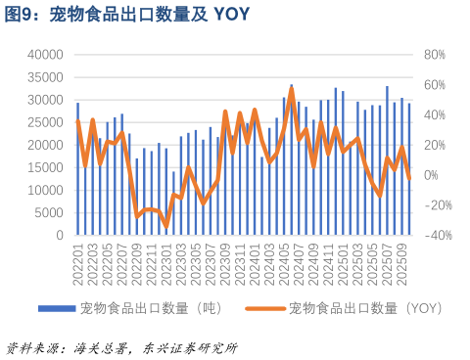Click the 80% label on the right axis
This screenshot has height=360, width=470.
tap(434, 55)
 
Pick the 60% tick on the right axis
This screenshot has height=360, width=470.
tap(434, 85)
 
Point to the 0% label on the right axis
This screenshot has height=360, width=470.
tap(431, 175)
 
